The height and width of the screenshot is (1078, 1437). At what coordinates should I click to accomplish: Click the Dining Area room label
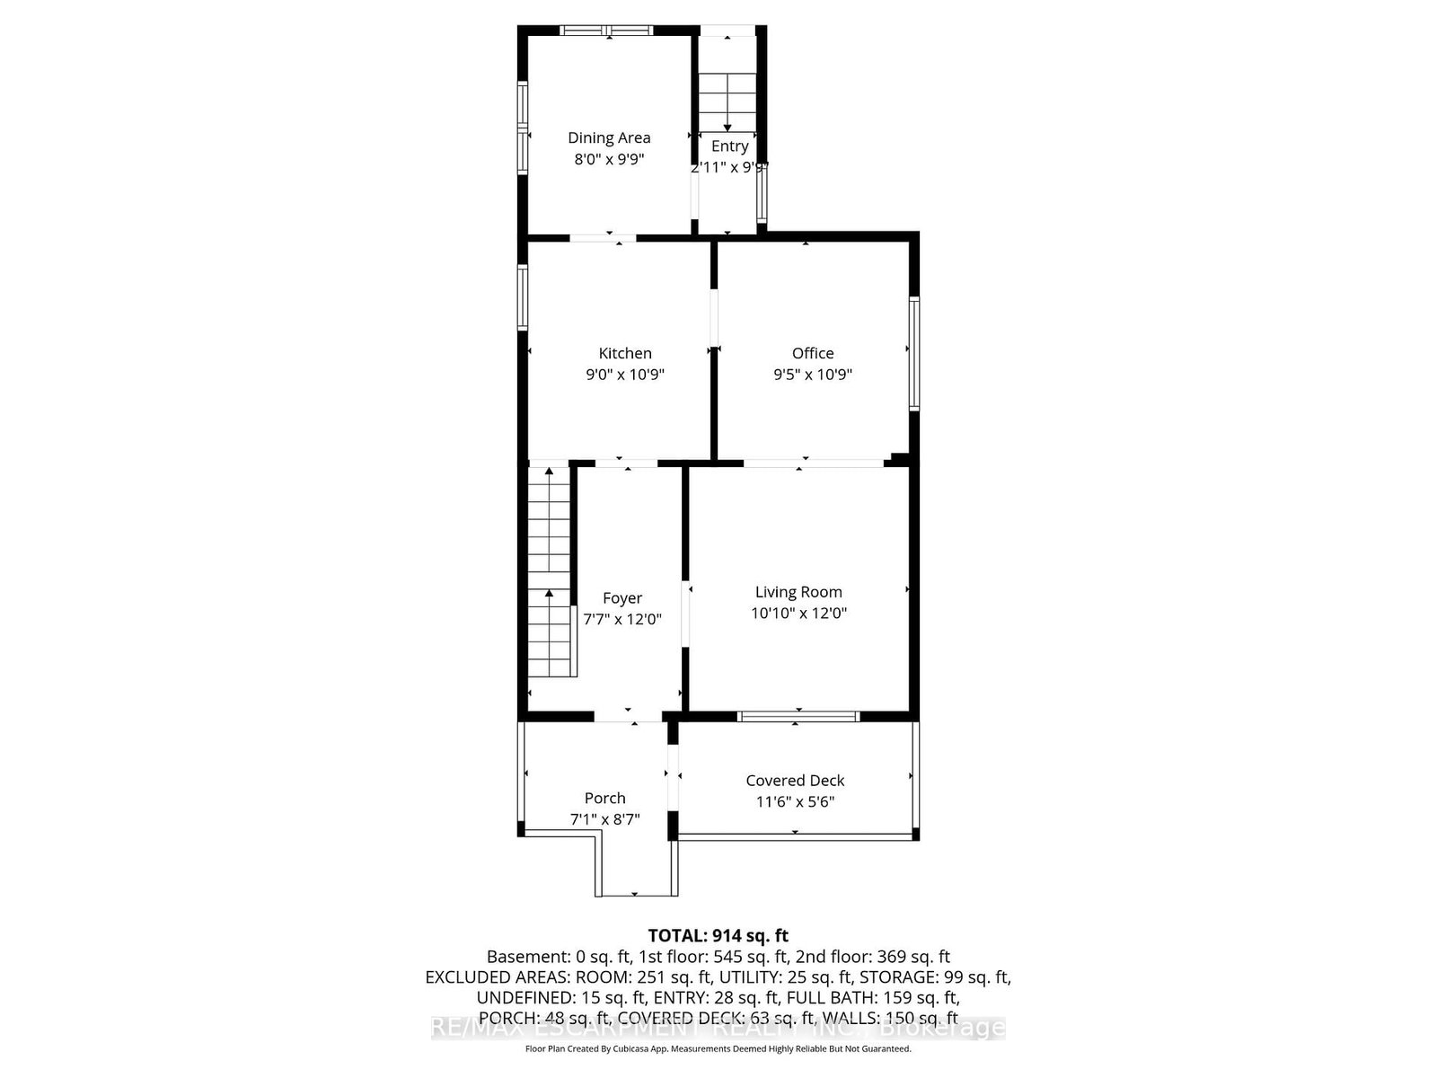coord(608,137)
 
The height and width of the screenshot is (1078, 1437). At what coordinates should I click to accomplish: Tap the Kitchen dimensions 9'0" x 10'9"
coord(624,375)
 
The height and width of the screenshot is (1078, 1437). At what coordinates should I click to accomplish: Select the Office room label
coord(812,353)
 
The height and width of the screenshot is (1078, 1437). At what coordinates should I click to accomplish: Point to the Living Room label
coord(798,592)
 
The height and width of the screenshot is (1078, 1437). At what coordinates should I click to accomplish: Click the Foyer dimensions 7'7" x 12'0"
coord(622,619)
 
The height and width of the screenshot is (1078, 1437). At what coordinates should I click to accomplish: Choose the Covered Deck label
coord(795,781)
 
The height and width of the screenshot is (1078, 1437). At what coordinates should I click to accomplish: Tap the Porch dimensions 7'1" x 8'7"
coord(604,819)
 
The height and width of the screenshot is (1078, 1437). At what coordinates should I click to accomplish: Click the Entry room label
coord(729,146)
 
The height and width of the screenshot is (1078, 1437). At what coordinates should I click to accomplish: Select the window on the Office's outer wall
coord(913,353)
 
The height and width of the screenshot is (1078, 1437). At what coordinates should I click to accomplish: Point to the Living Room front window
coord(798,716)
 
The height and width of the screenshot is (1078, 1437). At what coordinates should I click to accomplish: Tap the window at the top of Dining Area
coord(607,31)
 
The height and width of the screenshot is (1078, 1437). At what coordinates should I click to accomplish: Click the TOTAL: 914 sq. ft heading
coord(718,935)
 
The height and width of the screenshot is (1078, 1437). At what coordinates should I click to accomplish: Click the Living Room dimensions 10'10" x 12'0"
coord(798,614)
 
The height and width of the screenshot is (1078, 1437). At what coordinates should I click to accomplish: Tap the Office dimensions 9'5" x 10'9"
coord(812,375)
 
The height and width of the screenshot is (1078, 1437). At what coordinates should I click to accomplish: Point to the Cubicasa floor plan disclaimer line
coord(718,1048)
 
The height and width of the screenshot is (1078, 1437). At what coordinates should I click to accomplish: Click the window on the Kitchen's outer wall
coord(523,296)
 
